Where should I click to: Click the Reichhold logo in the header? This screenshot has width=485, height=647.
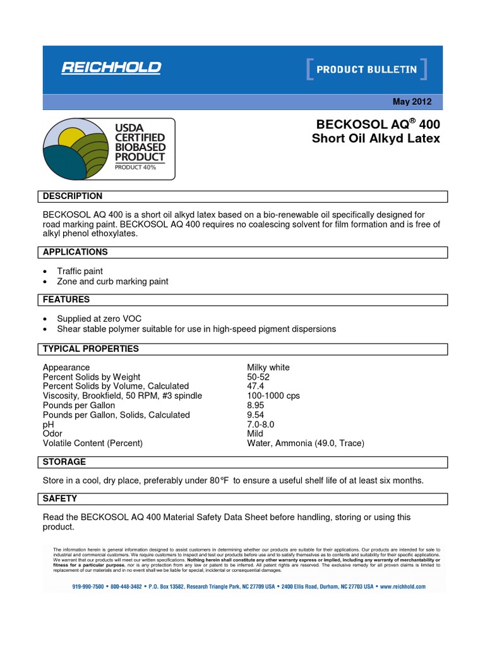(x=111, y=68)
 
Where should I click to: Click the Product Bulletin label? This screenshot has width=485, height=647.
(x=366, y=70)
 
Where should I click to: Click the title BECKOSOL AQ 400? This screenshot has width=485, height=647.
(x=376, y=124)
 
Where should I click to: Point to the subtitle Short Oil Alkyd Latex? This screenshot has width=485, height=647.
(x=376, y=139)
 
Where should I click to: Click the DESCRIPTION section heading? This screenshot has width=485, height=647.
(x=72, y=197)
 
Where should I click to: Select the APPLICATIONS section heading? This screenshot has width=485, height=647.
(x=75, y=252)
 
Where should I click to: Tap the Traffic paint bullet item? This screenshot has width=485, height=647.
(x=80, y=271)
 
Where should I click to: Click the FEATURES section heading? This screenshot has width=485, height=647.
(x=66, y=299)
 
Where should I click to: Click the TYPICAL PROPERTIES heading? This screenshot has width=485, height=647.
(x=90, y=349)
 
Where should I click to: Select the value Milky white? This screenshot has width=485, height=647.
(x=268, y=368)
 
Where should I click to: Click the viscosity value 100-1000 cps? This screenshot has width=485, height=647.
(x=273, y=396)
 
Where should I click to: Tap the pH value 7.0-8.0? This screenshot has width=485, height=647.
(x=261, y=425)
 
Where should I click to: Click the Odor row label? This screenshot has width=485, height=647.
(x=52, y=434)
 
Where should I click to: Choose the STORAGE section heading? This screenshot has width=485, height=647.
(x=64, y=462)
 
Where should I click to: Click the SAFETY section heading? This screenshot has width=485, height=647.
(x=59, y=499)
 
